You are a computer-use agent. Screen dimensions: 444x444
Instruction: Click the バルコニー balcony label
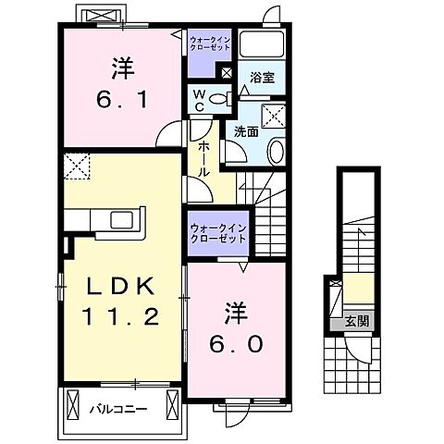point(117,406)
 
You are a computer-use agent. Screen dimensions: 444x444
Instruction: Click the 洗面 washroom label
point(244,131)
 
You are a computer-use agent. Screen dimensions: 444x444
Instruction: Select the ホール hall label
point(203,159)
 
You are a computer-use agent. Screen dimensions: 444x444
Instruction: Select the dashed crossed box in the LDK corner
point(77,168)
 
